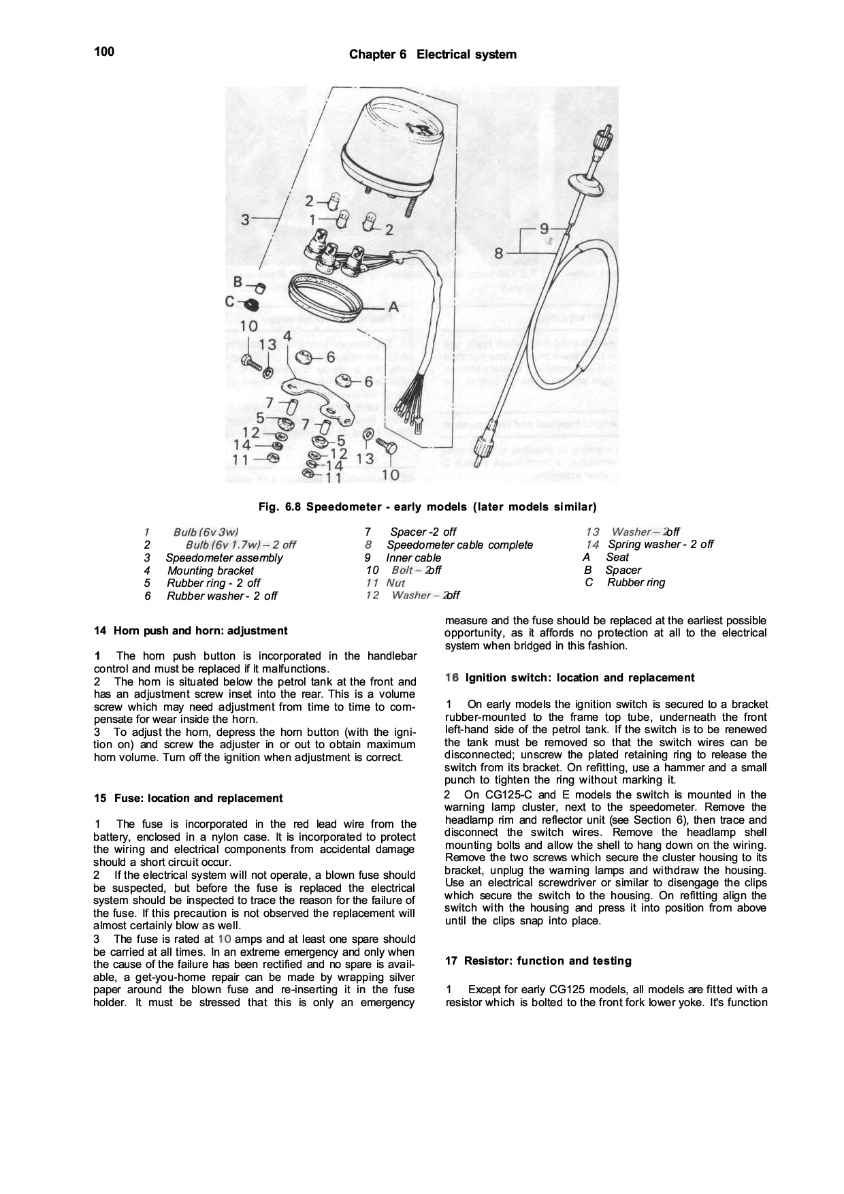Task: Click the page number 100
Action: pos(104,52)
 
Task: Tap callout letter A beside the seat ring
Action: pos(393,308)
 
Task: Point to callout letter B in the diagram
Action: pos(238,282)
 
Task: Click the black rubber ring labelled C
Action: pos(250,304)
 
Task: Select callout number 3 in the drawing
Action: pos(246,219)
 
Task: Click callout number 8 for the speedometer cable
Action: pos(499,253)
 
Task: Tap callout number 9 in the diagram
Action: pos(544,228)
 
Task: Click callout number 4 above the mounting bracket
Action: pos(287,336)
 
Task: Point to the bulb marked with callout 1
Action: pos(344,219)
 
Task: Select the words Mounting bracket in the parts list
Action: pos(210,570)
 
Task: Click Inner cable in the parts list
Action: pos(413,558)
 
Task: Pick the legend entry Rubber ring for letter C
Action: pos(636,583)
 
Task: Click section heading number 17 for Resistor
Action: pos(451,961)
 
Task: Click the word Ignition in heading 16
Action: pos(486,678)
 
